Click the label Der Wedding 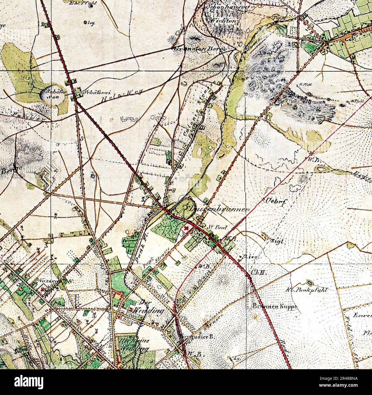151,307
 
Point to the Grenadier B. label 197,337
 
